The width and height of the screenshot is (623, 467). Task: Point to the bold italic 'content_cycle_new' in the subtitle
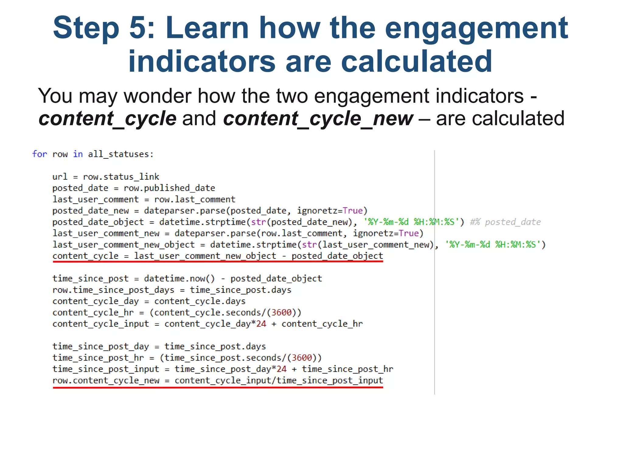(318, 118)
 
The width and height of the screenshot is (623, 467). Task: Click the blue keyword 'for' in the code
(40, 154)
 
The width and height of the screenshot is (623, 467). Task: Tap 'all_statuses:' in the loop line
(121, 154)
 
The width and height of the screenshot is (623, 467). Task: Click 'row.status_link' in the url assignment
(121, 177)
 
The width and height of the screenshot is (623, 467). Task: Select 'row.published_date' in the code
(169, 188)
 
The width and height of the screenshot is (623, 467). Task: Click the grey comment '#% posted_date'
(505, 222)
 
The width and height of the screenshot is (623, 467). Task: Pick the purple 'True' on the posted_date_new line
(353, 211)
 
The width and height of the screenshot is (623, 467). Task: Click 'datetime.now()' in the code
(179, 278)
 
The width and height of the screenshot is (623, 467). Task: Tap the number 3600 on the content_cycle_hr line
(281, 313)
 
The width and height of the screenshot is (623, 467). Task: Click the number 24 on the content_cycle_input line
(261, 324)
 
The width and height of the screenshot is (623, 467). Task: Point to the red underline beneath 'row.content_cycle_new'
(218, 388)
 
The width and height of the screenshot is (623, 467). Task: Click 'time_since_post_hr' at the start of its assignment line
(98, 358)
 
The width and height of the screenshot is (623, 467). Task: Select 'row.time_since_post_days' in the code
(113, 290)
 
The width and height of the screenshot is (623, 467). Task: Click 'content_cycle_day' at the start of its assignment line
(96, 301)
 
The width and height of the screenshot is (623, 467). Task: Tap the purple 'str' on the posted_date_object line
(259, 222)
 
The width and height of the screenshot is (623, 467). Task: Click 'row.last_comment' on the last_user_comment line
(195, 199)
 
